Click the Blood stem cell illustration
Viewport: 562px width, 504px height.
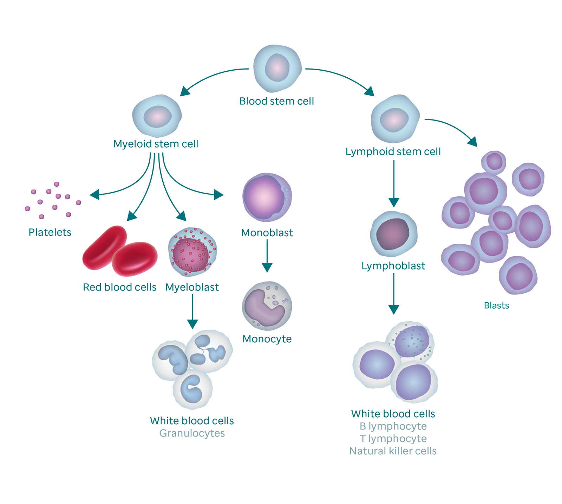pos(277,68)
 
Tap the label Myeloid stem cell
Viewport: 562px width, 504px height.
pos(156,144)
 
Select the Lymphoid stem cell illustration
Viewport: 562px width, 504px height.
pos(395,119)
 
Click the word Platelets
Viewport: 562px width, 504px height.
pos(50,232)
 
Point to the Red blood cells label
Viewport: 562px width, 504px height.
pos(119,287)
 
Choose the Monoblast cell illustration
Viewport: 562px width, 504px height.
pos(267,197)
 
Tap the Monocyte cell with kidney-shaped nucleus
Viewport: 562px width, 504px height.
pos(267,306)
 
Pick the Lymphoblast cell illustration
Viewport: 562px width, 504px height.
pos(393,234)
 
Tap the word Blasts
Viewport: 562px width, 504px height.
pos(496,305)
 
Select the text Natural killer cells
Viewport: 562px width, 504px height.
pos(393,451)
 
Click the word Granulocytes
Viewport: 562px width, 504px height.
pos(192,433)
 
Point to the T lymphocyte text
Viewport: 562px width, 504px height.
pos(393,439)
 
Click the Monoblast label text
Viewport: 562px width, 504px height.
pos(267,233)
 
